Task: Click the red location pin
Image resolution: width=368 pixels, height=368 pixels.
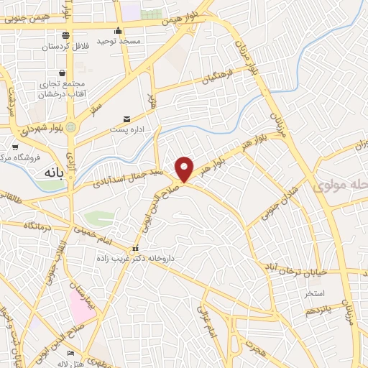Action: pyautogui.click(x=185, y=168)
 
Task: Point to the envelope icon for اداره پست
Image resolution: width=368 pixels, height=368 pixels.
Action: pyautogui.click(x=127, y=119)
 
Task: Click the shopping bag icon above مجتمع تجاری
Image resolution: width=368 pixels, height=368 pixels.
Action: pyautogui.click(x=65, y=73)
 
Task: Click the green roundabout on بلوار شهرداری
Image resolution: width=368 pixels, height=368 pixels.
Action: pyautogui.click(x=80, y=128)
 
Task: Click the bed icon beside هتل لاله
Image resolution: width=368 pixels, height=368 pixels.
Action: pyautogui.click(x=70, y=353)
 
